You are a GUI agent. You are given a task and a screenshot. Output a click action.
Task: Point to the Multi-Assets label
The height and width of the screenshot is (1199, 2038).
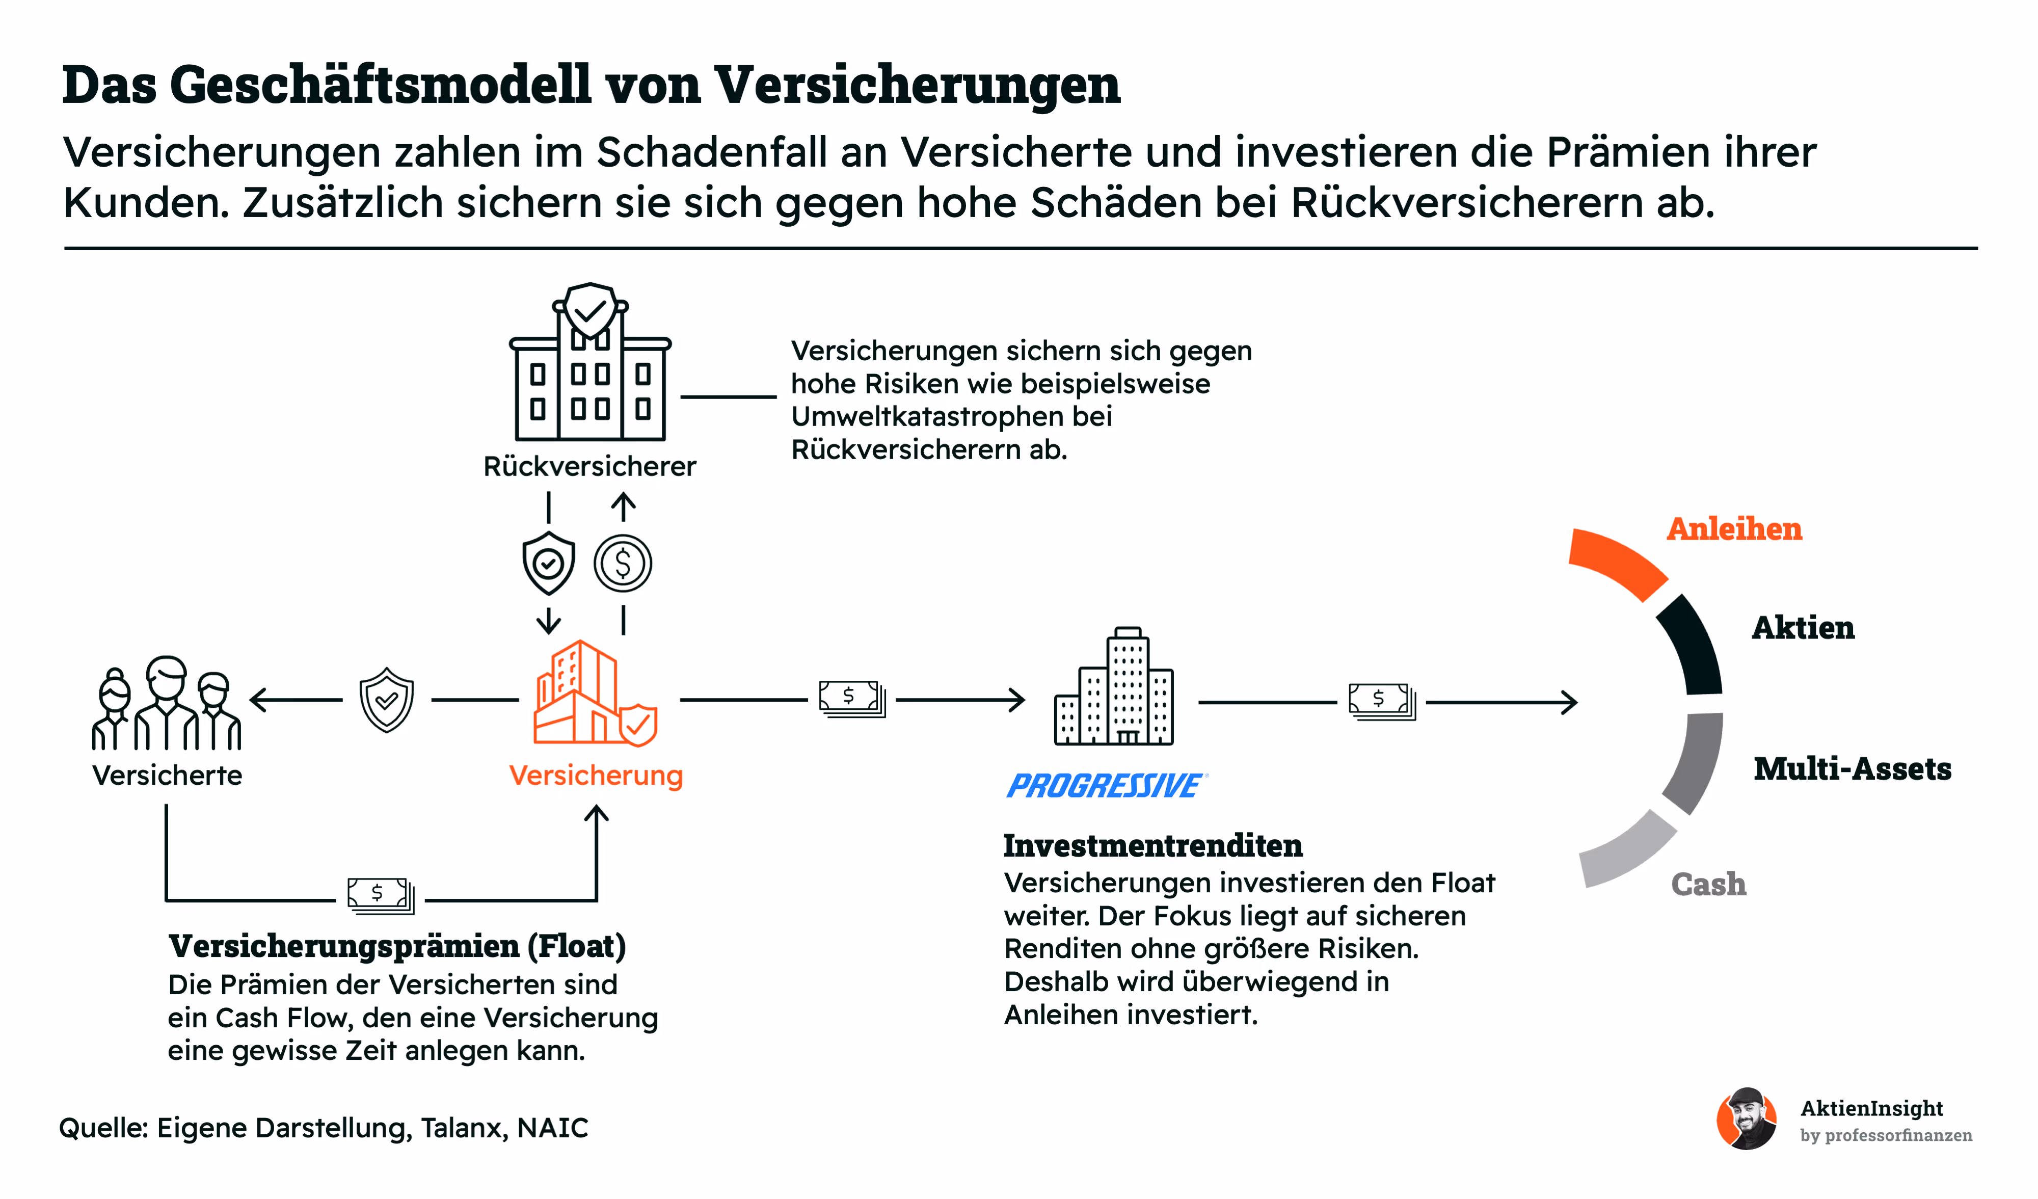1852,768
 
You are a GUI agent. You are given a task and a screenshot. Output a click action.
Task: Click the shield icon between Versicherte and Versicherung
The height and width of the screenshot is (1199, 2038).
387,700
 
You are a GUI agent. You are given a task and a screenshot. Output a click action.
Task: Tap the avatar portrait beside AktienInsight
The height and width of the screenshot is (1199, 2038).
1747,1119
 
